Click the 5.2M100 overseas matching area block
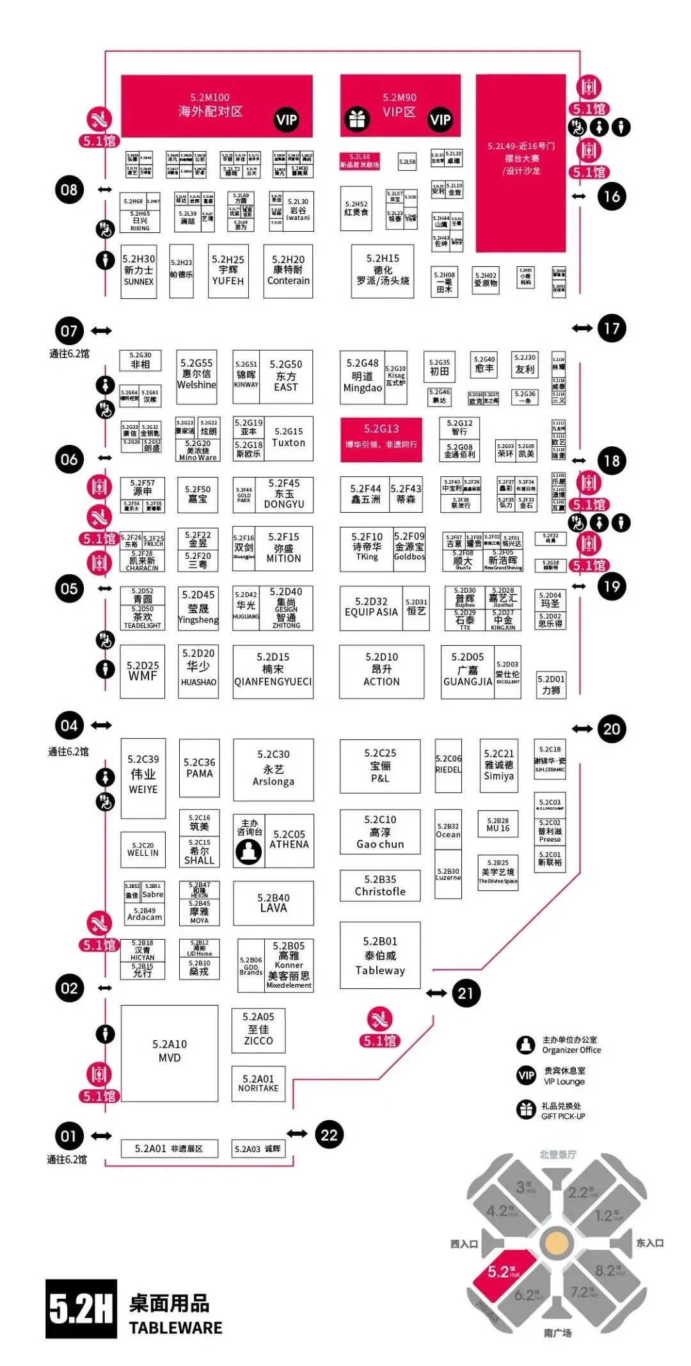point(216,106)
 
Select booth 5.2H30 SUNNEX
point(139,271)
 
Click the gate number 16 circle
point(612,196)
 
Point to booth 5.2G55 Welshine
point(196,376)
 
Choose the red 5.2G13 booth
point(381,438)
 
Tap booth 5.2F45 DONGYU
point(284,494)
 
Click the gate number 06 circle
point(69,460)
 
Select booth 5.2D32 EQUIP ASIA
point(371,607)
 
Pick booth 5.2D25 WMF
point(143,671)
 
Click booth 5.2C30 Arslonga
point(273,769)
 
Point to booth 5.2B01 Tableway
point(380,955)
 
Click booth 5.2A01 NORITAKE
point(258,1083)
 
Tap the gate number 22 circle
point(329,1135)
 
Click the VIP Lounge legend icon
point(526,1075)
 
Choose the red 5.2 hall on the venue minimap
point(503,1271)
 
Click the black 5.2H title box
point(81,1308)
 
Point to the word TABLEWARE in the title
point(176,1328)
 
